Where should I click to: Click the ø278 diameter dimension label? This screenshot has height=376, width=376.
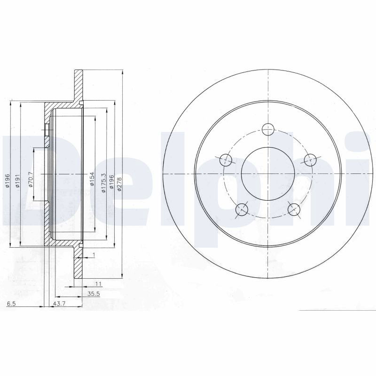point(120,184)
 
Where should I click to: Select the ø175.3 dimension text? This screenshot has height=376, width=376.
point(104,183)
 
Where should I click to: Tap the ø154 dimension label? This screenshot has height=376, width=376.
point(92,179)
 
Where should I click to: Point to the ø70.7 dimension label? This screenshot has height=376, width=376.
point(30,179)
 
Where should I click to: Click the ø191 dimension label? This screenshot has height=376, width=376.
point(17,180)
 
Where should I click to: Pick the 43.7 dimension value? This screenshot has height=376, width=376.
point(59,304)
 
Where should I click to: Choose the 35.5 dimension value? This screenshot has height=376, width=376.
point(94,294)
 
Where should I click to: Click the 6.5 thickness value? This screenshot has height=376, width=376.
point(11,304)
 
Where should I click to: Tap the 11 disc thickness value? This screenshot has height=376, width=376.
point(99,284)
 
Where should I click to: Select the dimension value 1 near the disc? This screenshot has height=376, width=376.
point(94,255)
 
